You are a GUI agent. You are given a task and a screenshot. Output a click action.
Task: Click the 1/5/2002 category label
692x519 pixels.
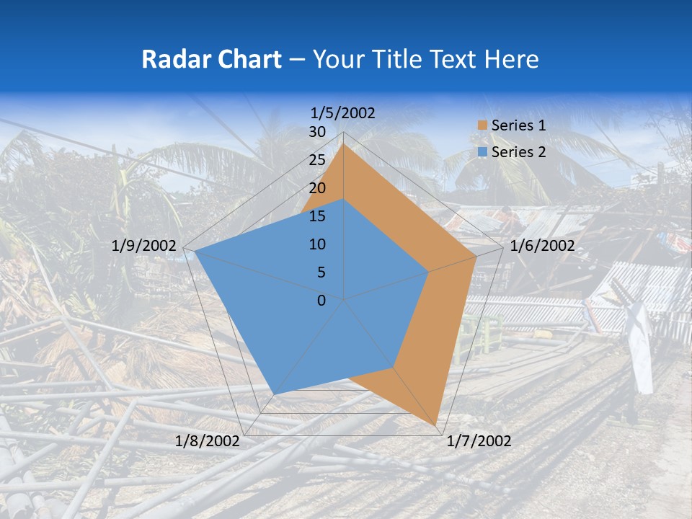coord(343,112)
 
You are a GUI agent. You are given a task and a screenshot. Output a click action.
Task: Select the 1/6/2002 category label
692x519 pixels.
coord(542,246)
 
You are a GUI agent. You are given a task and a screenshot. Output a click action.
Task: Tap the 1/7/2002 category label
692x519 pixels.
coord(479,441)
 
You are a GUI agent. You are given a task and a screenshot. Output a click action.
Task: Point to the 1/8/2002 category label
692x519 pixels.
coord(208,441)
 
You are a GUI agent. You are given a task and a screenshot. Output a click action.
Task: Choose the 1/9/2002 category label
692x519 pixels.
coord(144,246)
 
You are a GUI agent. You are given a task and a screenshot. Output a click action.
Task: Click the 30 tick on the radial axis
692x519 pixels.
coord(317,132)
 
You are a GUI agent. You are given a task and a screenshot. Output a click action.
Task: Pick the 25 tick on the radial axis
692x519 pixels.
coord(317,160)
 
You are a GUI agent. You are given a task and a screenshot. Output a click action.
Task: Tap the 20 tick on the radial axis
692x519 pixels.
coord(317,188)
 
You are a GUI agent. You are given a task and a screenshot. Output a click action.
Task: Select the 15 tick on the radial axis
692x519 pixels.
coord(317,216)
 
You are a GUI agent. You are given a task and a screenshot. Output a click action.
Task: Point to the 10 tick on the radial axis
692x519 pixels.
coord(317,244)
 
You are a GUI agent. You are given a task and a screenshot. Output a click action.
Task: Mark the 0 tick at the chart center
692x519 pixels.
coord(321,301)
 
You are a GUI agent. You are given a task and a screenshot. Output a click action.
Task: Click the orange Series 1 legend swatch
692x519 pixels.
coord(482,125)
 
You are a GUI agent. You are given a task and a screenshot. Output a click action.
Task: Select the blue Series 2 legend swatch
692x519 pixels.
coord(482,152)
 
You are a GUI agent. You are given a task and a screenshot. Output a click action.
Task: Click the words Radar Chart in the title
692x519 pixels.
coord(211,59)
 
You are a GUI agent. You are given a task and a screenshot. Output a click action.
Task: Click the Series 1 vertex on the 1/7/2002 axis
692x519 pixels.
coord(436,425)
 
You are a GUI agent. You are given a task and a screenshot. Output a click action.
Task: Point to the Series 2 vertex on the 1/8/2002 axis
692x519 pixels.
coord(274,394)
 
